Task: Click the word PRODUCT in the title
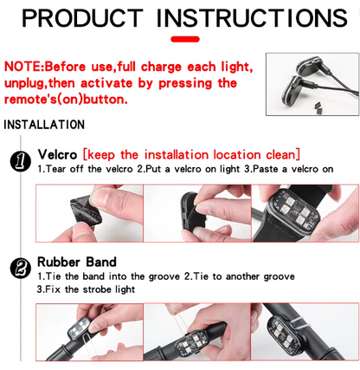tap(82, 18)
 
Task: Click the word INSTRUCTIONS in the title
tap(252, 18)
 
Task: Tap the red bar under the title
tap(185, 39)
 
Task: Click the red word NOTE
tap(23, 67)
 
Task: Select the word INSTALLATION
tap(44, 125)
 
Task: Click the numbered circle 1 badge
tap(21, 161)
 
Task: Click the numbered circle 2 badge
tap(21, 269)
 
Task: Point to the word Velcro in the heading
tap(57, 154)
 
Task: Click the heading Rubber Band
tap(77, 262)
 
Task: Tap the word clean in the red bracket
tap(281, 154)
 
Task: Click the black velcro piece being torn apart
tap(86, 213)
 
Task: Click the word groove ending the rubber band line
tap(280, 276)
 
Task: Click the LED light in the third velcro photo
tap(293, 212)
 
